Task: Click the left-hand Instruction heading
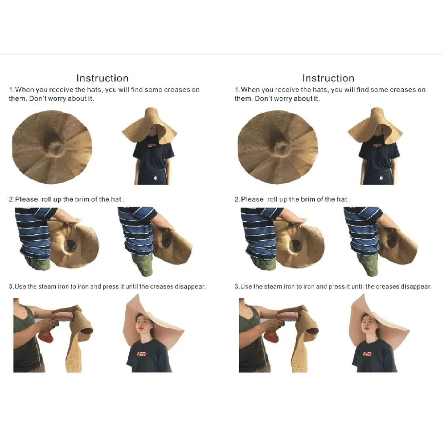(x=103, y=78)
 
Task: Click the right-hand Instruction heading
(x=328, y=78)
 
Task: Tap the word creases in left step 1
(x=177, y=90)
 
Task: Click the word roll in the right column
(x=271, y=199)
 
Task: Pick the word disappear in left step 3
(x=190, y=287)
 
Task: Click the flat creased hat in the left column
(x=52, y=147)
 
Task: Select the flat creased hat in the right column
(x=278, y=147)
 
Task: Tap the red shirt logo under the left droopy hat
(x=151, y=145)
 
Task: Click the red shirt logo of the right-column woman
(x=367, y=354)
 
